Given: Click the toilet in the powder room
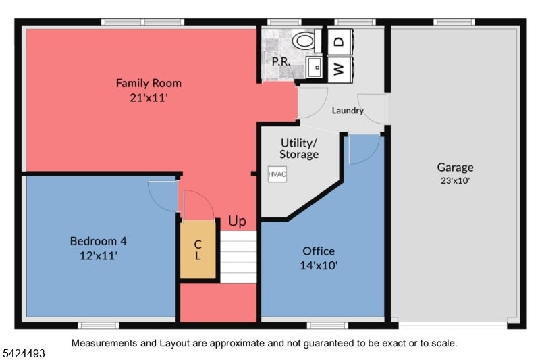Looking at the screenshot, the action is point(307,41).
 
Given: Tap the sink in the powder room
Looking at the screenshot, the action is point(314,67).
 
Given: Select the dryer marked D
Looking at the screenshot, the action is point(340,42).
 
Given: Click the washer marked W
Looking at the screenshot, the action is point(340,70).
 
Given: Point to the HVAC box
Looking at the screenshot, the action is point(277,174).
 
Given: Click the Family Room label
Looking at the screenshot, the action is point(148,83).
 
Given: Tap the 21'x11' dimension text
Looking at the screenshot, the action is point(148,98).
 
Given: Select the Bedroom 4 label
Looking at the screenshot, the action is point(98,241).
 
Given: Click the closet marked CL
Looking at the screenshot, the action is point(198,249).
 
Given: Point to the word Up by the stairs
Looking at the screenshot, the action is point(238,221).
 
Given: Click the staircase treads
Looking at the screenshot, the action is point(238,257).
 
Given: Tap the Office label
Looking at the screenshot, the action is point(319,251).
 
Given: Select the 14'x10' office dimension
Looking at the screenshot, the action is point(319,265).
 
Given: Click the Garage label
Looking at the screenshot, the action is point(455,168).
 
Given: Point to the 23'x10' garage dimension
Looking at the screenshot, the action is point(455,180).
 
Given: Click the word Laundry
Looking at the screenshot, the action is point(348,111).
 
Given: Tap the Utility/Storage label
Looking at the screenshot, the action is point(299,149).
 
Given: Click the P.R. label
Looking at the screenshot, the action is point(281,61).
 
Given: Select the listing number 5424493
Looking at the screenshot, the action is point(24,353).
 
